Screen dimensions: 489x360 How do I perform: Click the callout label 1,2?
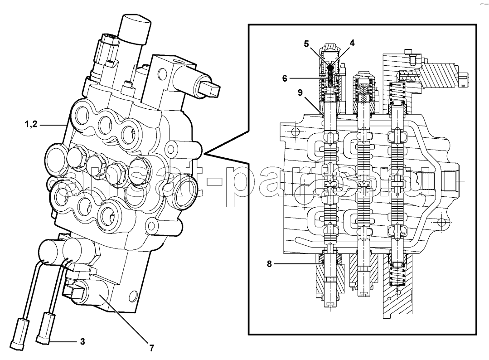31,124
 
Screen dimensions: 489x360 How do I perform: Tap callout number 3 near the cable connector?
82,341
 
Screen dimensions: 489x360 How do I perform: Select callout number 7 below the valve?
151,348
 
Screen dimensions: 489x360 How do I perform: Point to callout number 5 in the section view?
306,44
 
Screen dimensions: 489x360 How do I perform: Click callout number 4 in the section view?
352,43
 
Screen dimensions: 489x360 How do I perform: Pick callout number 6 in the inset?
285,78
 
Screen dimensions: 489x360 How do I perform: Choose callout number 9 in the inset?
300,92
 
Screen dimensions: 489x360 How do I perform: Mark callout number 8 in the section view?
270,264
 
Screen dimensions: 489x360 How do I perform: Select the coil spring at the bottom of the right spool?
398,274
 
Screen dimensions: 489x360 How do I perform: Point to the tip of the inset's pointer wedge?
204,154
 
